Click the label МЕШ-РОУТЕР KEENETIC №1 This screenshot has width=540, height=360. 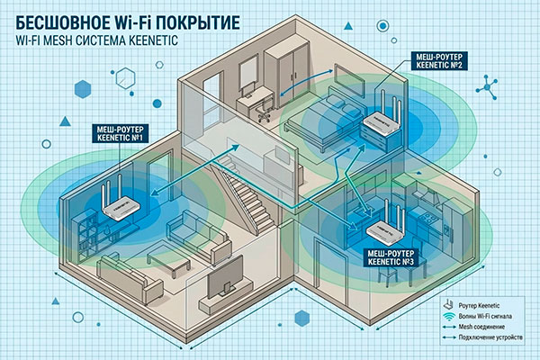(121, 134)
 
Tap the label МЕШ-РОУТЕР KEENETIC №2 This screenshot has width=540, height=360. (439, 60)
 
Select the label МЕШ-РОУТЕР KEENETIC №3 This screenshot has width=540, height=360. (391, 257)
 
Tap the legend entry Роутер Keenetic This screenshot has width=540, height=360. (479, 306)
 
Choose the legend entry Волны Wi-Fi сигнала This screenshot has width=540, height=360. (485, 316)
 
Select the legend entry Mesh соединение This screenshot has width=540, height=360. (481, 327)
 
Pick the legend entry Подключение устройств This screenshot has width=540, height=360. (490, 337)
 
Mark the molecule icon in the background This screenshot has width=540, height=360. (487, 87)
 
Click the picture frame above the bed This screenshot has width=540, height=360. (348, 82)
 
